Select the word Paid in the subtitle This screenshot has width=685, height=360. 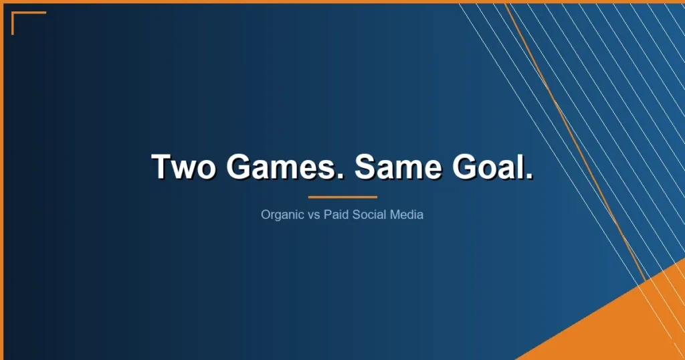(336, 215)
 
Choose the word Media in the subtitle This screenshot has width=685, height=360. (405, 215)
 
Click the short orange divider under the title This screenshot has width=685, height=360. (342, 197)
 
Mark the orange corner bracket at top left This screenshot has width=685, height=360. (17, 16)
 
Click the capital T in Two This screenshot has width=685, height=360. (163, 167)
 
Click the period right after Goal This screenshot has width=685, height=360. (529, 177)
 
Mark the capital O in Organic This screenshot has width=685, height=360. (266, 215)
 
